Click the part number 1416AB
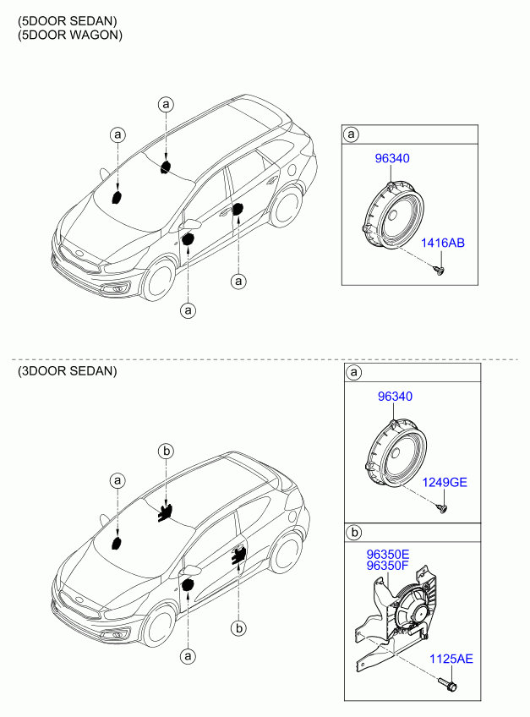[442, 243]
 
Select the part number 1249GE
[444, 483]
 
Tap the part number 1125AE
[451, 659]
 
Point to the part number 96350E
[388, 555]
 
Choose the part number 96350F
[387, 566]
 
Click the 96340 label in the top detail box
[392, 159]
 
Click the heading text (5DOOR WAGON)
[70, 36]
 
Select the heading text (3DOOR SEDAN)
[68, 371]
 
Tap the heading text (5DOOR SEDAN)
[68, 21]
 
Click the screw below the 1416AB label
[440, 271]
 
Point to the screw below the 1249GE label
[442, 508]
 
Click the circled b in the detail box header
[353, 533]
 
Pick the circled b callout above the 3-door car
[166, 452]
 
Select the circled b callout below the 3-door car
[238, 629]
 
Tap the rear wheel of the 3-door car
[287, 553]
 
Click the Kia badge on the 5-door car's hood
[80, 254]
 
